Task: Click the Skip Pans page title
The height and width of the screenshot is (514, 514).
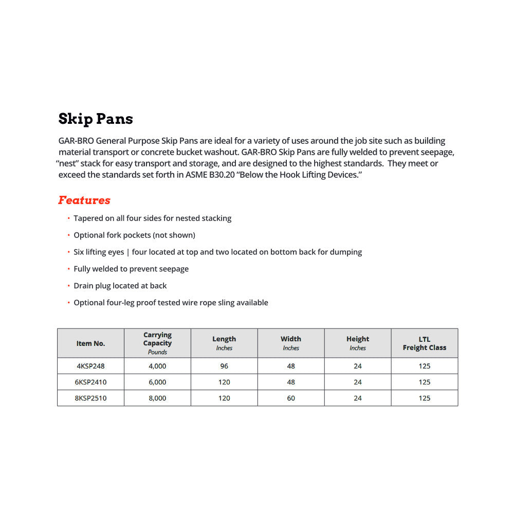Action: pyautogui.click(x=96, y=119)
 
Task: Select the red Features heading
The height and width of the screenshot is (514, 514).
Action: pyautogui.click(x=84, y=200)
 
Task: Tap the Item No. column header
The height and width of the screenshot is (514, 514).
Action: pyautogui.click(x=90, y=343)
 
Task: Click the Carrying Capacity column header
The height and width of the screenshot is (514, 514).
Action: pyautogui.click(x=157, y=343)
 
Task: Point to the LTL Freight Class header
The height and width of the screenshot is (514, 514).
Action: pyautogui.click(x=424, y=343)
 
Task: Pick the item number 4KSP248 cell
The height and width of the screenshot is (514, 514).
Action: pyautogui.click(x=90, y=366)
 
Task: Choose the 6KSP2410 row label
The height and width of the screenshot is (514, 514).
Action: pyautogui.click(x=91, y=382)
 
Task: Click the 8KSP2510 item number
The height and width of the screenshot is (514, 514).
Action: pyautogui.click(x=91, y=398)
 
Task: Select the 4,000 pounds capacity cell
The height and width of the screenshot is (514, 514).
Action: pyautogui.click(x=157, y=366)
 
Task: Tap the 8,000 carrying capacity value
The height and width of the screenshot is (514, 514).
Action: pyautogui.click(x=157, y=398)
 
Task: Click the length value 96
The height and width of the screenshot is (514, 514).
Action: pyautogui.click(x=224, y=366)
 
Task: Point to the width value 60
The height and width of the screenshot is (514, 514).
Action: pyautogui.click(x=291, y=398)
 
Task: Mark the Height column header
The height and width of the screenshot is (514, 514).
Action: pyautogui.click(x=358, y=343)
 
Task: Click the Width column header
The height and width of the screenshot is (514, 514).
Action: pyautogui.click(x=291, y=343)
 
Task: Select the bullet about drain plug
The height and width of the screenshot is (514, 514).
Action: pyautogui.click(x=120, y=286)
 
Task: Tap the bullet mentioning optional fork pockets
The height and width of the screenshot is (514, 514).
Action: pyautogui.click(x=134, y=235)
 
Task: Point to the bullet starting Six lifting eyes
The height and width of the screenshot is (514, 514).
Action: pyautogui.click(x=217, y=252)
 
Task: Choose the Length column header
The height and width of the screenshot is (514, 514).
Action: pyautogui.click(x=224, y=343)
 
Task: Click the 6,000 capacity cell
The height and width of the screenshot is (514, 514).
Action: pyautogui.click(x=157, y=382)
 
